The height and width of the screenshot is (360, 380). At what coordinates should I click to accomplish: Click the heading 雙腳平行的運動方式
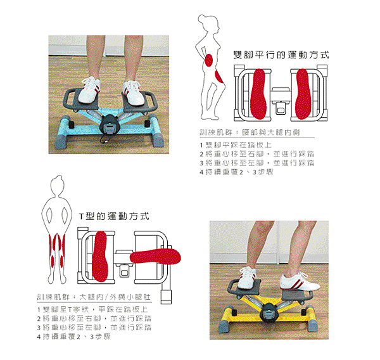(281, 55)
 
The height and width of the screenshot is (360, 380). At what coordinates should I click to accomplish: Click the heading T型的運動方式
(114, 216)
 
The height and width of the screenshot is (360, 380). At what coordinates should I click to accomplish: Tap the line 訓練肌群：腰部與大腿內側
(250, 132)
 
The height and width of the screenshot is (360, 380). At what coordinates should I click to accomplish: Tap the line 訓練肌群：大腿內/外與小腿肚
(94, 297)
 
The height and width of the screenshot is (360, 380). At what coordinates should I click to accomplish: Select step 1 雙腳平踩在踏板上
(236, 145)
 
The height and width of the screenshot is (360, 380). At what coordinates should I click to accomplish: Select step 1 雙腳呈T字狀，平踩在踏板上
(92, 309)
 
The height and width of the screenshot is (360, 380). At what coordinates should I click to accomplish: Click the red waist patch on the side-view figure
(208, 60)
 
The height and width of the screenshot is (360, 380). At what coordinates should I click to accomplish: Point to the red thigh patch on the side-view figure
(218, 76)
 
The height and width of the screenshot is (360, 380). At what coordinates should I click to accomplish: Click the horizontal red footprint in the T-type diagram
(156, 257)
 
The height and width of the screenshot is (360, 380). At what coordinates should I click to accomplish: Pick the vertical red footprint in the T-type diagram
(100, 256)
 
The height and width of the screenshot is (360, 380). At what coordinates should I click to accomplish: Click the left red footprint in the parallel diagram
(258, 94)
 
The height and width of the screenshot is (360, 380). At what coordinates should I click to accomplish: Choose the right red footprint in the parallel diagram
(303, 94)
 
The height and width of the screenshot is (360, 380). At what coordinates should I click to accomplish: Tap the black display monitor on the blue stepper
(110, 125)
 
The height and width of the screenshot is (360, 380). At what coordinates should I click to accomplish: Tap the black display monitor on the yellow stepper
(269, 313)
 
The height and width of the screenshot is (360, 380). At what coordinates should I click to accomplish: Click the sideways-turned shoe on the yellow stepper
(300, 281)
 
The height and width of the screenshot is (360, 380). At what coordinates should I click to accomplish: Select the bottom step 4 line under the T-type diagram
(73, 337)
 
